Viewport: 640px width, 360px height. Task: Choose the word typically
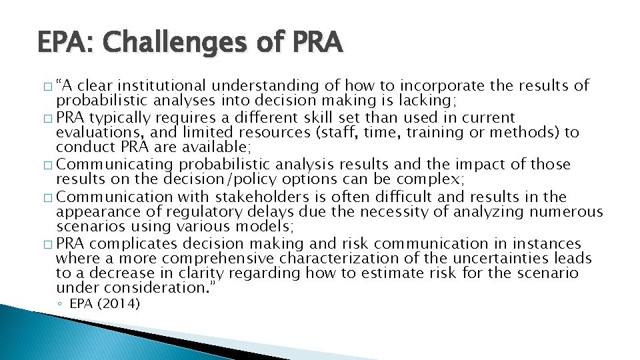pyautogui.click(x=121, y=117)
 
